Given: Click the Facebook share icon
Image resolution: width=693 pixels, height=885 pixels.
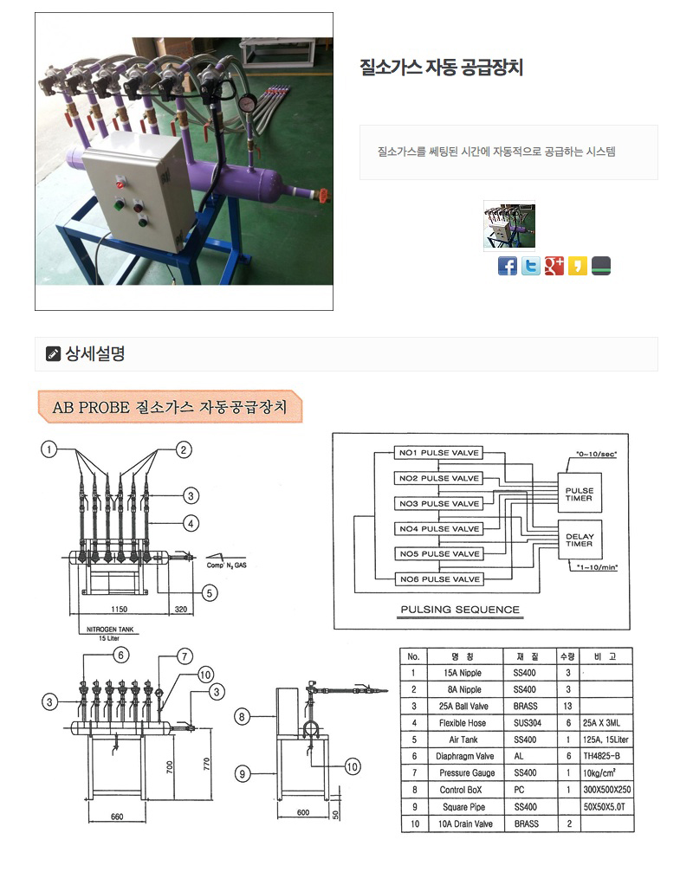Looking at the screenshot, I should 508,266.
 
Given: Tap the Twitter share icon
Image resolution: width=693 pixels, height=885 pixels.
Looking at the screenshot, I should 531,266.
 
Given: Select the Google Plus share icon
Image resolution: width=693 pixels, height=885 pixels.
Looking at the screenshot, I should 554,266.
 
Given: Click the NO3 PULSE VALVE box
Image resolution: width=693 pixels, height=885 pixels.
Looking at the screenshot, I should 438,503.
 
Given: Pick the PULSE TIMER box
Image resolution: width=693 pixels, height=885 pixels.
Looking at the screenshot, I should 580,494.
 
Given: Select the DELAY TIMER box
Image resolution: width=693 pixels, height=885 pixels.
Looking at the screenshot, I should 580,540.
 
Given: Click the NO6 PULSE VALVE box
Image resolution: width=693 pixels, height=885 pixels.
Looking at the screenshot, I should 438,578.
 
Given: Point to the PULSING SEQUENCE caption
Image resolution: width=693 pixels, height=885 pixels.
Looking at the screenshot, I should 460,610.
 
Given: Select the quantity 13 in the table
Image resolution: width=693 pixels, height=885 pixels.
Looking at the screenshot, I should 567,706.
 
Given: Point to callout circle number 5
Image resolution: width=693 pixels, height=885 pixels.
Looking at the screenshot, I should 209,592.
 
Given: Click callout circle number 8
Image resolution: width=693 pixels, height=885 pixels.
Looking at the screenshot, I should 243,716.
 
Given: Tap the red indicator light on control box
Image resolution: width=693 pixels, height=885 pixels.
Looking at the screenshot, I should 120,181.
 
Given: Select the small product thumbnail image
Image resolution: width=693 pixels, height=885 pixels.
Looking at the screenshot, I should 508,226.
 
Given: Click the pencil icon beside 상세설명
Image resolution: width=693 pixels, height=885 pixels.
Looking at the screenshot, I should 53,353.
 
